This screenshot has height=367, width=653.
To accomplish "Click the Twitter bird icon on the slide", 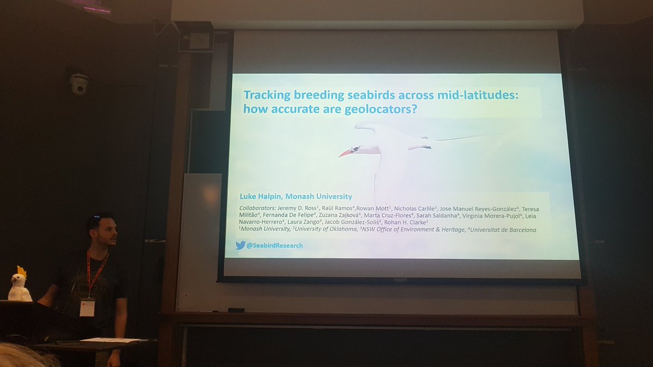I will point(241,245).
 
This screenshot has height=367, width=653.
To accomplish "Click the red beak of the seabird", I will point(345,153).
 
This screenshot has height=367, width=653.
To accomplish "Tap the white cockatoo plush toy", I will point(20,285).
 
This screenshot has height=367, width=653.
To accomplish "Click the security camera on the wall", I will point(79,84).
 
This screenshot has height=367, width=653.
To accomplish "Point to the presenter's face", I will point(107,232).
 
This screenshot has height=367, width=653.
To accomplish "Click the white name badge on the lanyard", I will point(87,307).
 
